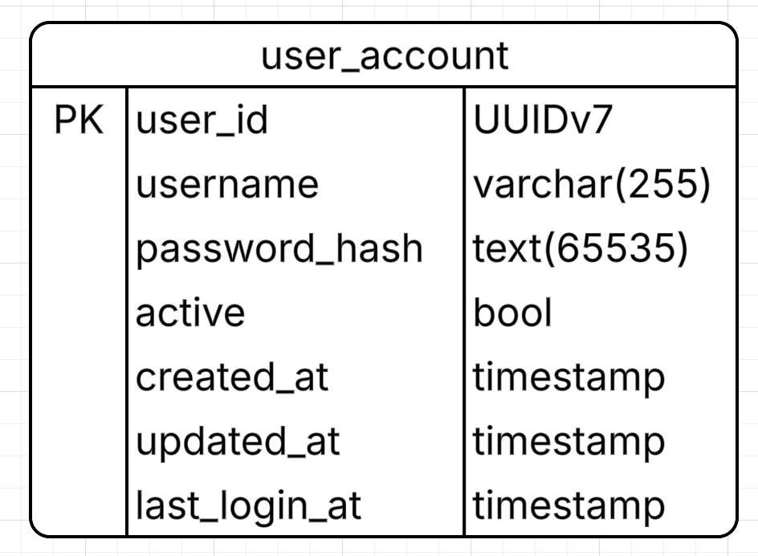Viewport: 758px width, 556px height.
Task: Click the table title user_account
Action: click(385, 56)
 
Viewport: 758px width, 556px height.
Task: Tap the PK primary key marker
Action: click(79, 120)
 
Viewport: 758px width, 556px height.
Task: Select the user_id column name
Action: click(202, 120)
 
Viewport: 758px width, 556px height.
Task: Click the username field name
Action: click(227, 184)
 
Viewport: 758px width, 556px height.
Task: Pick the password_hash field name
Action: click(279, 249)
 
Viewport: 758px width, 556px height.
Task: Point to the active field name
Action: click(190, 313)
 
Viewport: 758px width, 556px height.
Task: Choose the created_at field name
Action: click(232, 377)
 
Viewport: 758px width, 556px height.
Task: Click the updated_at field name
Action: click(238, 441)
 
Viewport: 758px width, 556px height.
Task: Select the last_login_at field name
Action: click(248, 505)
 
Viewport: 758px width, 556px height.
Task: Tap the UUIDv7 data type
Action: click(543, 120)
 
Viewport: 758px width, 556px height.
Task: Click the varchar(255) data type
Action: click(592, 184)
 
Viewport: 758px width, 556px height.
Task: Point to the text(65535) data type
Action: click(580, 249)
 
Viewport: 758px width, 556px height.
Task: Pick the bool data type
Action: click(512, 313)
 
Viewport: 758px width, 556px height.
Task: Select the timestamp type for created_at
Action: click(569, 378)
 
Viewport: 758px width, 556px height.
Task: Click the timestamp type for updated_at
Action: click(569, 442)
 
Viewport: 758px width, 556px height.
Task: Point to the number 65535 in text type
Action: click(615, 249)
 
